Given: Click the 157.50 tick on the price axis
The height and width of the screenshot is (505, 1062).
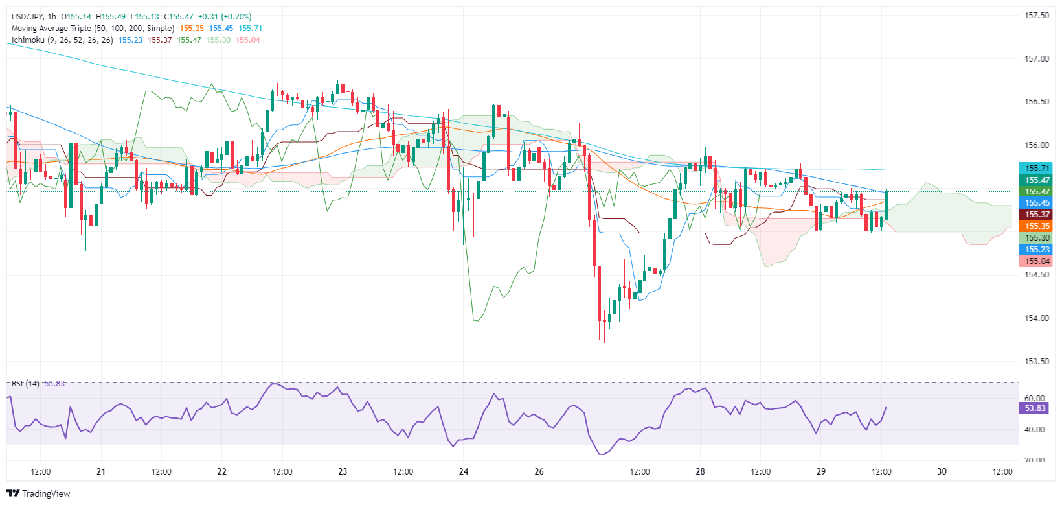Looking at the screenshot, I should [1037, 16].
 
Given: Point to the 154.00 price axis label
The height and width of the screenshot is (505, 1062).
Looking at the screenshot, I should [1037, 318].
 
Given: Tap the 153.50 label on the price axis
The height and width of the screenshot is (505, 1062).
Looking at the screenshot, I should [1037, 362].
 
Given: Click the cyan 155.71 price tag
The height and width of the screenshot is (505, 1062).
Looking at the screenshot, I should [1037, 169].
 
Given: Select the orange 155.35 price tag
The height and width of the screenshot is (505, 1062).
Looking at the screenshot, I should [1037, 226].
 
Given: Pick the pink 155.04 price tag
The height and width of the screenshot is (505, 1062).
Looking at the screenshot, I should [1037, 261].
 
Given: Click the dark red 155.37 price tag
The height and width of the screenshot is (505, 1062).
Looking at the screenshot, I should [1037, 215].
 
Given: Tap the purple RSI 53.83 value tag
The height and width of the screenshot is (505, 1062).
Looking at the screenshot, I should [1034, 408].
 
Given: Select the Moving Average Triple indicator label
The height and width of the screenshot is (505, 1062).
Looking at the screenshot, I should [93, 29].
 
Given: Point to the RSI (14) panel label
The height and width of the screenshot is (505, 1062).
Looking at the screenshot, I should [25, 384].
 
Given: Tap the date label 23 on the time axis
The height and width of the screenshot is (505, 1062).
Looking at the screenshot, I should [343, 472].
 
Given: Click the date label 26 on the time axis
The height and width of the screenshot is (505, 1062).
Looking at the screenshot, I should [539, 472].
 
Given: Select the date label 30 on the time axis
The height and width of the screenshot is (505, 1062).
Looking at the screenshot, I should [942, 472].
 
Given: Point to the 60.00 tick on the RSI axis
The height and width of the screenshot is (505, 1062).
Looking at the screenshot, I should [1035, 399].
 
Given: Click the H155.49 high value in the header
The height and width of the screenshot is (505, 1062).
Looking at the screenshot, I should [113, 17].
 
